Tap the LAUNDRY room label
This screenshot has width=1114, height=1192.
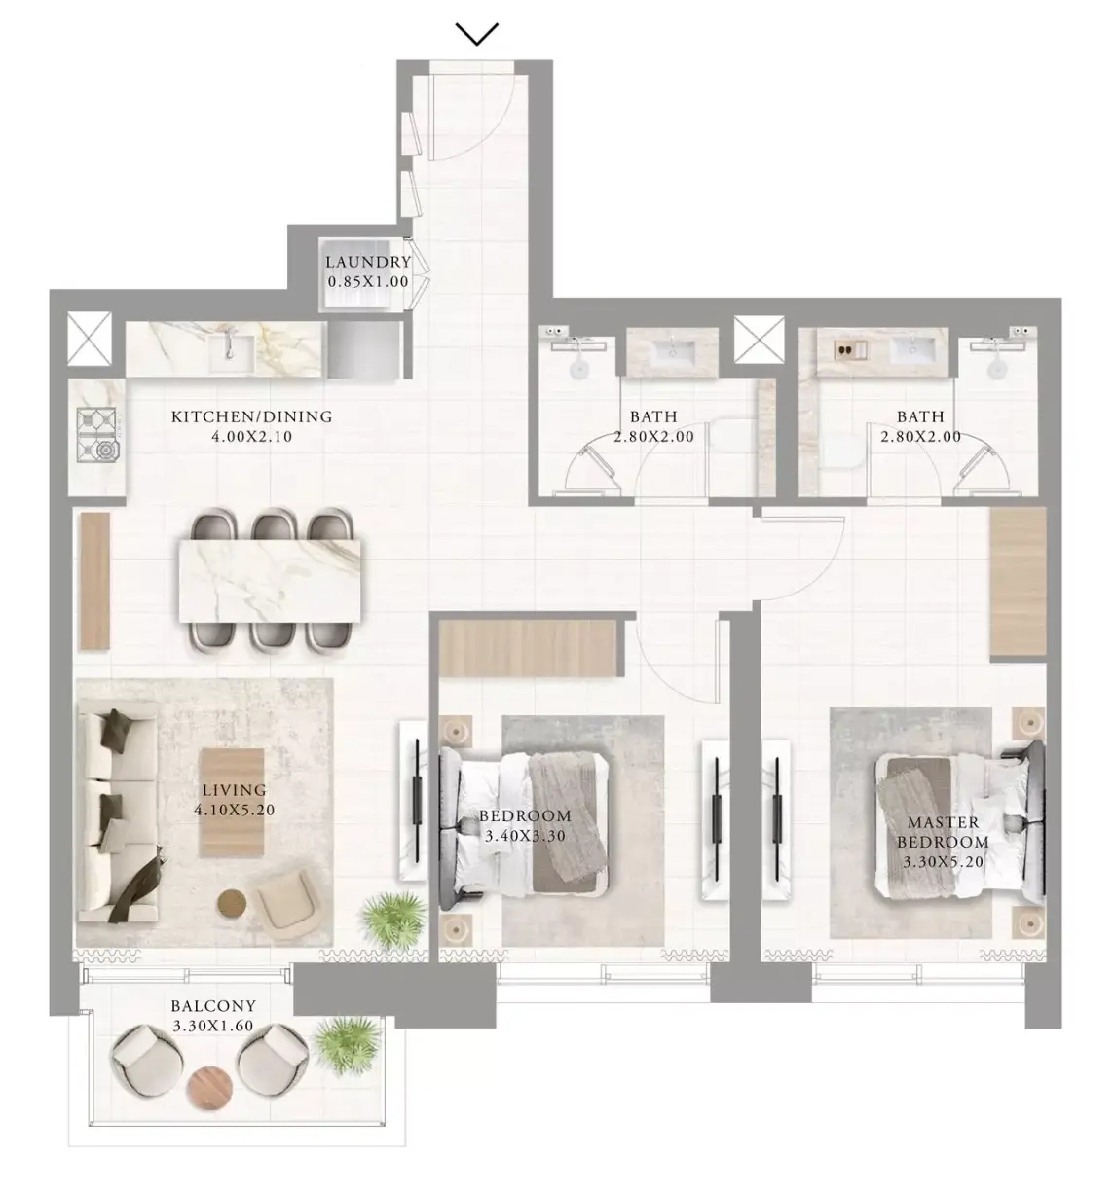pyautogui.click(x=368, y=263)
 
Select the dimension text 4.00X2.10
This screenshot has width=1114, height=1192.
pyautogui.click(x=252, y=436)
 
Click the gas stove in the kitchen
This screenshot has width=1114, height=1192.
pyautogui.click(x=96, y=435)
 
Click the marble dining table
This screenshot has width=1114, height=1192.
pyautogui.click(x=270, y=580)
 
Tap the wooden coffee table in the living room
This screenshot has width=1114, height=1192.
pyautogui.click(x=232, y=803)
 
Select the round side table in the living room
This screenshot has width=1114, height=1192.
pyautogui.click(x=232, y=902)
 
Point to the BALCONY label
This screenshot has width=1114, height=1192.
pyautogui.click(x=213, y=1005)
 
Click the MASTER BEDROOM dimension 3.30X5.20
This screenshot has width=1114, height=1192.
pyautogui.click(x=943, y=862)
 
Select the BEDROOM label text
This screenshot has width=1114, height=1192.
pyautogui.click(x=525, y=815)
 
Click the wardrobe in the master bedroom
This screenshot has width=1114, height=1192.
pyautogui.click(x=1018, y=582)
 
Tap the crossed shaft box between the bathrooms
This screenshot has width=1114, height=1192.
pyautogui.click(x=759, y=340)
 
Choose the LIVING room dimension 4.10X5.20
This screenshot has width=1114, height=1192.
pyautogui.click(x=235, y=810)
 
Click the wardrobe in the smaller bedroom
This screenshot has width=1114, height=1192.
pyautogui.click(x=528, y=649)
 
